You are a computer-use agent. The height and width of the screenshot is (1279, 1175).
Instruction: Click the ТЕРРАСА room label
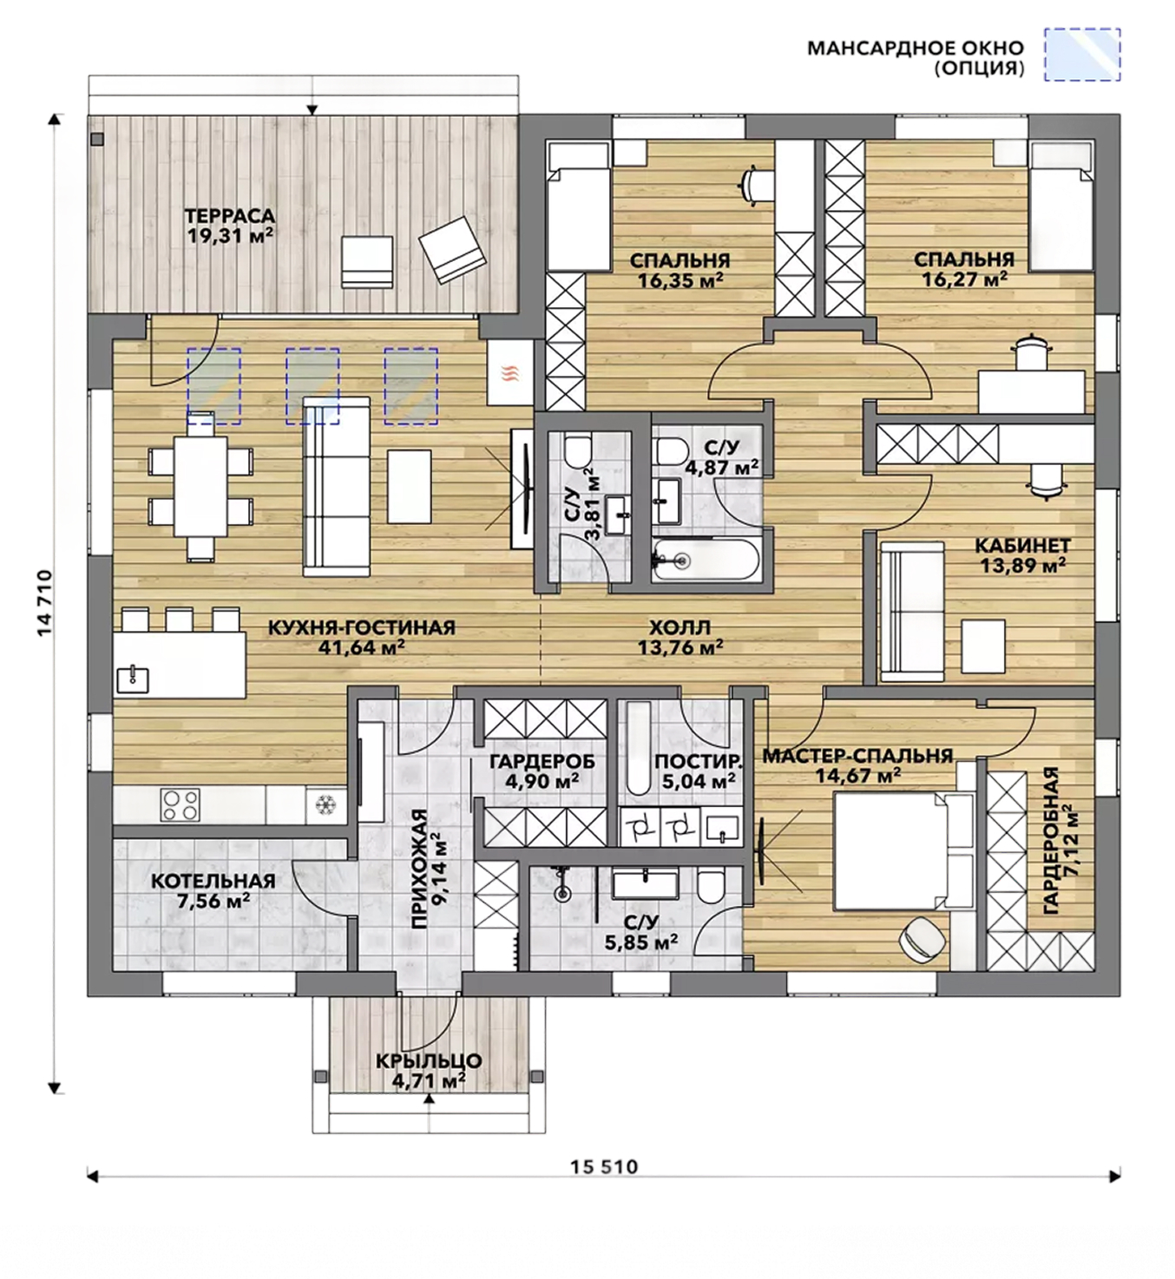pos(230,216)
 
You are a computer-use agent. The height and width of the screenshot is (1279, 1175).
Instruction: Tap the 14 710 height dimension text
pos(44,602)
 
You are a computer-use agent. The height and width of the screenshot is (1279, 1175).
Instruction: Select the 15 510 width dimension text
pos(603,1167)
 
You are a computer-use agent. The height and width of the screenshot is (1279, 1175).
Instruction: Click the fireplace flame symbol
pos(509,373)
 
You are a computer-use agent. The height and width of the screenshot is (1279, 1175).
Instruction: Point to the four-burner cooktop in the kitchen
pos(180,804)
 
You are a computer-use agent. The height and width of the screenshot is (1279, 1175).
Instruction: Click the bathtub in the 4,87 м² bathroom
pos(706,561)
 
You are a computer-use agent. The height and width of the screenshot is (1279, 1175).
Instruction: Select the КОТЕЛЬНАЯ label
pos(213,881)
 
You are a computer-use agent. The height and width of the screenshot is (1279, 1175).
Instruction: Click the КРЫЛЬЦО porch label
pos(428,1061)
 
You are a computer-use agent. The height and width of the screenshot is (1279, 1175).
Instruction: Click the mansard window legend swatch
pos(1082,54)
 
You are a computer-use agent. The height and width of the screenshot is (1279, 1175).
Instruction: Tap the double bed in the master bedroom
pos(903,849)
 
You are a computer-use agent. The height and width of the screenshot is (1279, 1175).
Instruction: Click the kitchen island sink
pos(133,679)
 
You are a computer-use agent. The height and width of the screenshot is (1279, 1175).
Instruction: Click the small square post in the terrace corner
pos(97,139)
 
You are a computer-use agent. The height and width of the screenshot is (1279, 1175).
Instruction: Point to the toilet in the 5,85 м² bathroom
pos(710,886)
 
